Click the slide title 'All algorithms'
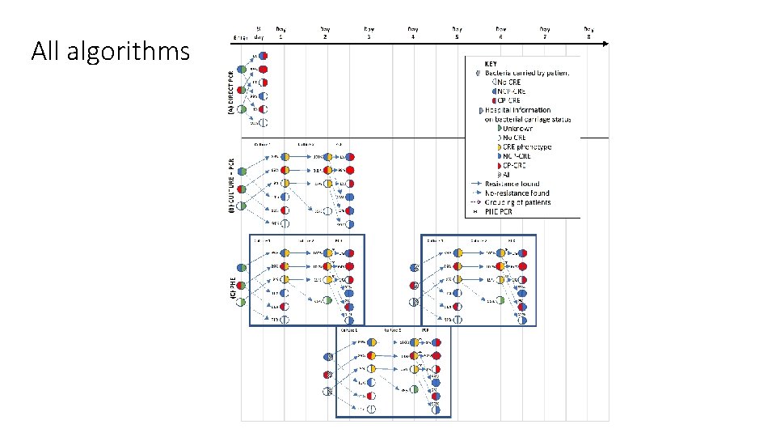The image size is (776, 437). [110, 52]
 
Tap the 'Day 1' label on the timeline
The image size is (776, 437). [280, 33]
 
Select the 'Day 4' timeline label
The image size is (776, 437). [412, 33]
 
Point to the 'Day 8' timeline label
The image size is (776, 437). [588, 33]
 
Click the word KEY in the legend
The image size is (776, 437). [491, 63]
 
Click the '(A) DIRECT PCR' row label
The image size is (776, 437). [229, 88]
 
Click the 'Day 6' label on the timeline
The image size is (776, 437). [500, 33]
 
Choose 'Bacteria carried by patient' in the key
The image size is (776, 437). [527, 73]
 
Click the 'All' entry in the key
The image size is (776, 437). [507, 174]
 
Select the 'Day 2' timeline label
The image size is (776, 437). [325, 33]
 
